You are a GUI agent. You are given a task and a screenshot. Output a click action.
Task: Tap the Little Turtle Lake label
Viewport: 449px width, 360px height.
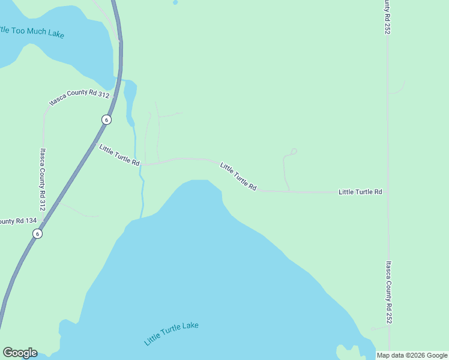pos(171,334)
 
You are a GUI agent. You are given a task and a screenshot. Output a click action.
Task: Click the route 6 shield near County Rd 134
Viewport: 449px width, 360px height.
pos(38,234)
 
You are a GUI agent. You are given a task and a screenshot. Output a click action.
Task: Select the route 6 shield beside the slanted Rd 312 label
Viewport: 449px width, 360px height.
pos(106,119)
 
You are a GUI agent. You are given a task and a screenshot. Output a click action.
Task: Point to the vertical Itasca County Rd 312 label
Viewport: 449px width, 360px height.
pos(42,179)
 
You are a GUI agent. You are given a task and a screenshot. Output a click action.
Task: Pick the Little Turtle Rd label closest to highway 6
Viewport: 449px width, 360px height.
pos(119,155)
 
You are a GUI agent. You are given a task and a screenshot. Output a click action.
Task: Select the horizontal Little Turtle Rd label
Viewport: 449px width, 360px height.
pos(360,192)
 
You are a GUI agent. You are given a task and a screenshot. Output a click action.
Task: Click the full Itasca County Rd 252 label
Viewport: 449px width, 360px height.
pos(389,292)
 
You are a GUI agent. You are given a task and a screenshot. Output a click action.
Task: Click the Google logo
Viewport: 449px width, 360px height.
pos(20,353)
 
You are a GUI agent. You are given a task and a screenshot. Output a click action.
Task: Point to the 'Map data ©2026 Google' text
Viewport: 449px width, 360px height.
pos(411,355)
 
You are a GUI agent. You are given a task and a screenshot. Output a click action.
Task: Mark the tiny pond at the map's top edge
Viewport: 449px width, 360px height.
pos(175,2)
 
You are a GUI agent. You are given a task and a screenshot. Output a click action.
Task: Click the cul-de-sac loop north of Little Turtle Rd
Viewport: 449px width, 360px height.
pos(294,151)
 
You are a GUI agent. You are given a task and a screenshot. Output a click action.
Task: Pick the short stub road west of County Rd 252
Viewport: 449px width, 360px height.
pos(379,328)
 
